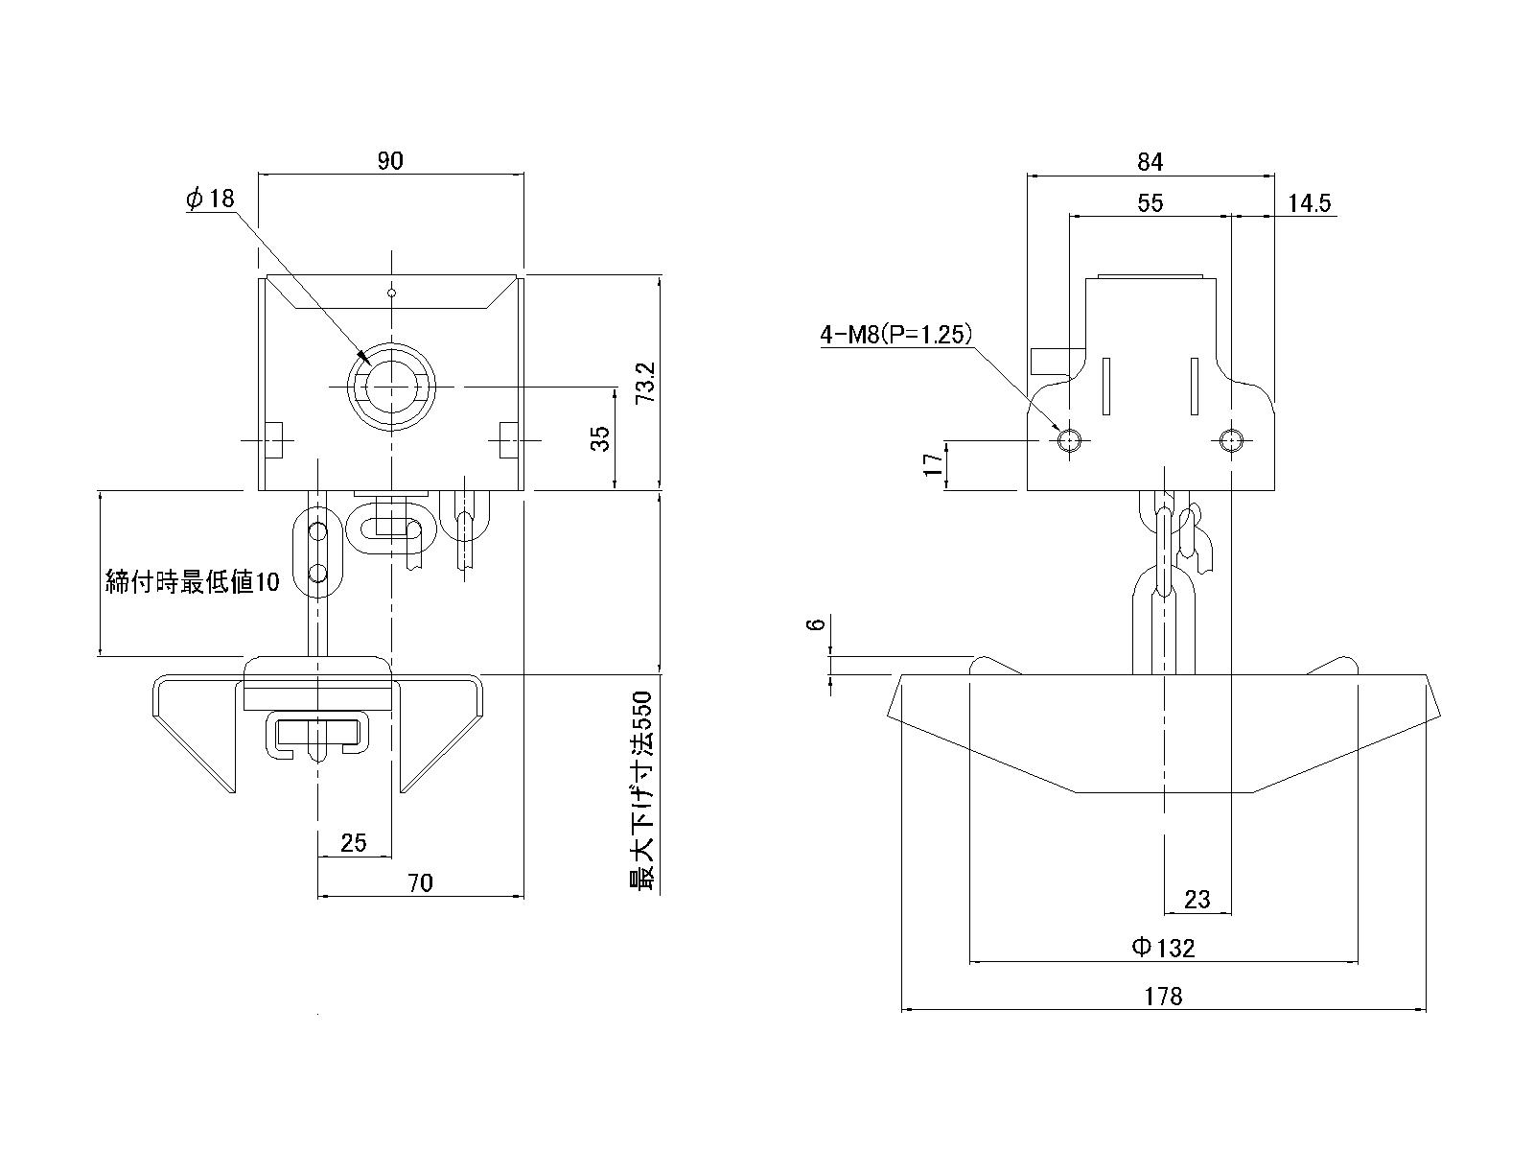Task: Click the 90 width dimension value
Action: click(390, 161)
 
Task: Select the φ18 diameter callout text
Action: click(211, 199)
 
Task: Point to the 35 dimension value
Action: click(600, 439)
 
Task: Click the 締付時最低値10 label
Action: click(192, 581)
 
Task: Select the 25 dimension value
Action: click(354, 842)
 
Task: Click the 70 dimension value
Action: click(421, 882)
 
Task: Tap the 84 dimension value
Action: click(1150, 162)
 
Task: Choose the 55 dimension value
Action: click(1150, 202)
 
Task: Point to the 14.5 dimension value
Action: click(1310, 202)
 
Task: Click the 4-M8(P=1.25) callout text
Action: click(896, 334)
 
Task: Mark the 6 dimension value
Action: click(816, 624)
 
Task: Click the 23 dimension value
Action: click(1197, 899)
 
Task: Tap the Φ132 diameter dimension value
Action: click(1163, 948)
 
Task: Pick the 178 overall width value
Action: click(1164, 996)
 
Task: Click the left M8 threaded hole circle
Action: click(1069, 440)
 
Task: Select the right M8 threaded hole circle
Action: click(1232, 440)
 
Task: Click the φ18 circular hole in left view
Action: click(391, 386)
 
